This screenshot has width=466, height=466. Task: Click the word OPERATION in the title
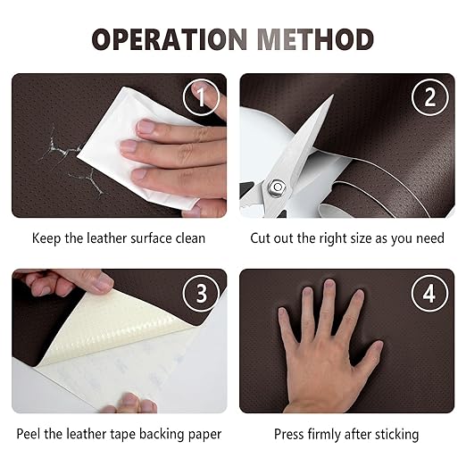[170, 39]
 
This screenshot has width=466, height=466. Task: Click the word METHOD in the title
[315, 39]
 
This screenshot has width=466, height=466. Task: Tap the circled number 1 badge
[201, 97]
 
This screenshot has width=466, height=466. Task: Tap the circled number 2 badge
[429, 97]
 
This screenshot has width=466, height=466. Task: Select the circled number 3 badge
[201, 294]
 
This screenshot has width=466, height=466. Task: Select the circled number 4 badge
[429, 294]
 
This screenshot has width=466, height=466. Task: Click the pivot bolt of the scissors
[278, 187]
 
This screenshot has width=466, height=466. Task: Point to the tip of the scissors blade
[334, 95]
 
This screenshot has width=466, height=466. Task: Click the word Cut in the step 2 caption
[260, 238]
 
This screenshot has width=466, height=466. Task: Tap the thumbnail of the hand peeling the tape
[104, 281]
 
